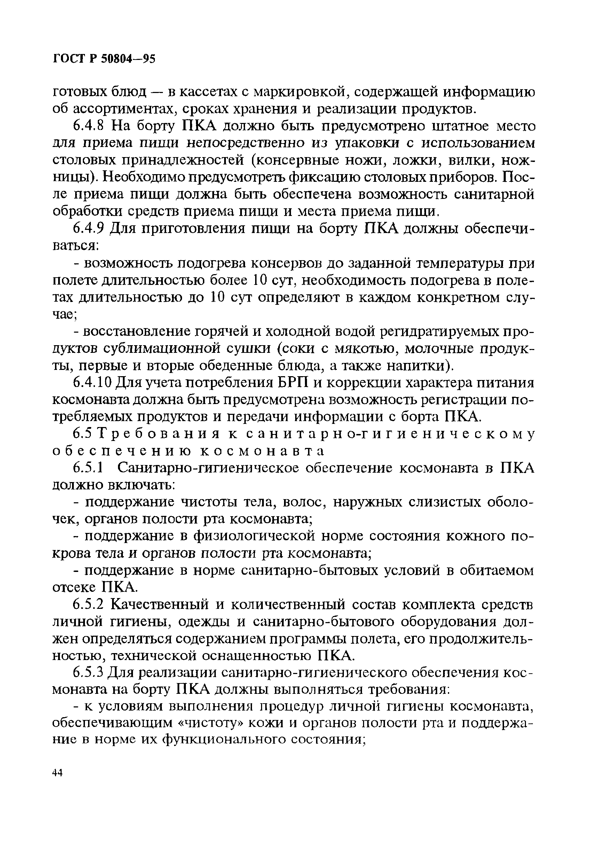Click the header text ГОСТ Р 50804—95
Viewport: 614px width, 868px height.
click(x=104, y=59)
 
